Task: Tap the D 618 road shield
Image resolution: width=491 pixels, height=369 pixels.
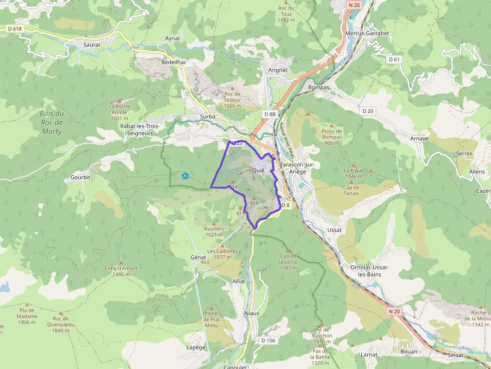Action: (x=15, y=29)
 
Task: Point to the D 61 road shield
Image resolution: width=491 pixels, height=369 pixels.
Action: (x=394, y=60)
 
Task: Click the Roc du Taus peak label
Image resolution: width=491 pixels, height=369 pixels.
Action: (x=286, y=14)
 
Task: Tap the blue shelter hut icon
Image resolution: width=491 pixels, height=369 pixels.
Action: (x=185, y=176)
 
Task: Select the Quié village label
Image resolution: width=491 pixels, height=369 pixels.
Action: (x=259, y=170)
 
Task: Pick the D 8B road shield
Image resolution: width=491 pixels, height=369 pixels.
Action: (x=270, y=114)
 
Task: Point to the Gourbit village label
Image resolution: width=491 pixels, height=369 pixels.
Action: (x=80, y=178)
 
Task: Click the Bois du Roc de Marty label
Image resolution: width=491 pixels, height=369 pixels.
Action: (x=52, y=123)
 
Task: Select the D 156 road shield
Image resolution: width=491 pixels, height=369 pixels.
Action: (x=269, y=340)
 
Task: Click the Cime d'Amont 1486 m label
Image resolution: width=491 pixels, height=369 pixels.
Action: (x=121, y=271)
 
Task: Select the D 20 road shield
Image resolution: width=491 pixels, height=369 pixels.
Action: (x=367, y=111)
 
